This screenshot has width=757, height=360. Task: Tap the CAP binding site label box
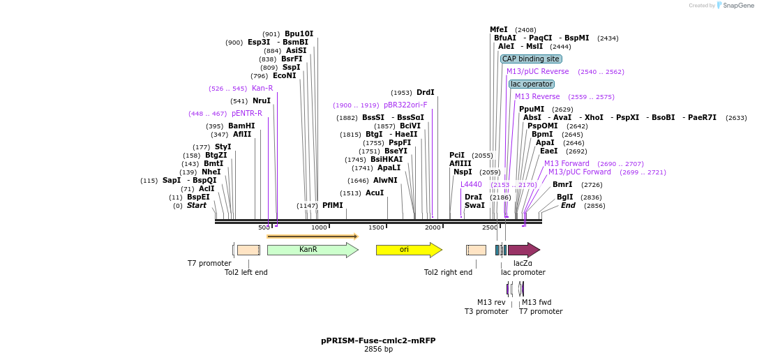pos(531,59)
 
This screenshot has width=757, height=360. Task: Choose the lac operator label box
pos(532,84)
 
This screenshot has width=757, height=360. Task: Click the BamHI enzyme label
pos(241,126)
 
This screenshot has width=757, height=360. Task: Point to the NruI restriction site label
pos(261,101)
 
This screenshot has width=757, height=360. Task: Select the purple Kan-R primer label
pos(262,89)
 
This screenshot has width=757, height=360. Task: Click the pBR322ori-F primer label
pos(405,105)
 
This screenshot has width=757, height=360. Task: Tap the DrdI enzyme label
pos(425,93)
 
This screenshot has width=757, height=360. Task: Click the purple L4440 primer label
pos(471,185)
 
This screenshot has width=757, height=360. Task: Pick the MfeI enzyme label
pos(499,30)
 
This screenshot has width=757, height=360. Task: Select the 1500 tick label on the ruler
pos(377,228)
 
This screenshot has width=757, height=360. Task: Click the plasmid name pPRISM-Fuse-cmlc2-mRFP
pos(378,340)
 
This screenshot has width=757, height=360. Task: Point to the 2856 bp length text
pos(378,350)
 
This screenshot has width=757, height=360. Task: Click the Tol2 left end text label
pos(246,273)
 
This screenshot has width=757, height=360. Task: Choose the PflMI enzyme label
pos(332,206)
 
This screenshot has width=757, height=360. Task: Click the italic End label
pos(568,206)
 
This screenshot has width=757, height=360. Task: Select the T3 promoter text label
pos(486,312)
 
